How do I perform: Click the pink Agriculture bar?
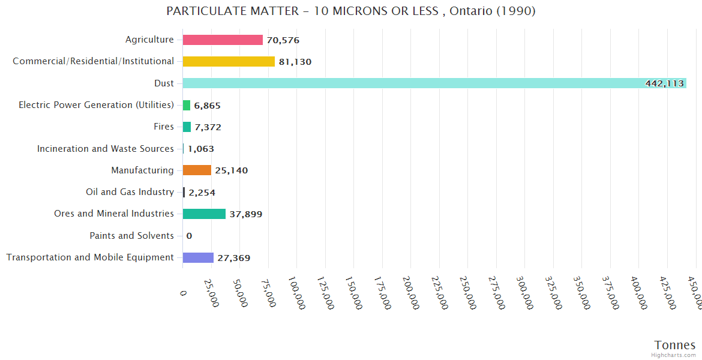coord(223,40)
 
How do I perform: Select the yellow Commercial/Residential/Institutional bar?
coord(229,61)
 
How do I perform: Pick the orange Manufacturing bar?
coord(197,170)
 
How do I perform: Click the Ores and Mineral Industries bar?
coord(204,214)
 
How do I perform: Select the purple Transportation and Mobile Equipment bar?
coord(198,257)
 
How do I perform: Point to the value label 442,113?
coord(664,83)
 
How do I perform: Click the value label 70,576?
coord(283,40)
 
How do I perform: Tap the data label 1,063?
coord(201,149)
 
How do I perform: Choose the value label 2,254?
coord(202,193)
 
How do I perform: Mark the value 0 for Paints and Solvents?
coord(189,236)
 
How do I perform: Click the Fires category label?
coord(164,127)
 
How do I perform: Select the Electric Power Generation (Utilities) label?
coord(96,105)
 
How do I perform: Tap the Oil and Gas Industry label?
coord(130,192)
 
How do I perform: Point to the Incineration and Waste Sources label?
coord(106,148)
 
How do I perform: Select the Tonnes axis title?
coord(675,345)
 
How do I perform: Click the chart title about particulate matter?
coord(351,11)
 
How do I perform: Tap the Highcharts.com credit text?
coord(674,355)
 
